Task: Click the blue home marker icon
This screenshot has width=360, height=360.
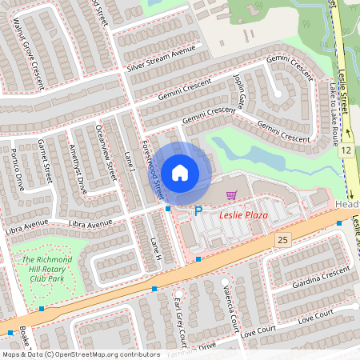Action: (x=180, y=172)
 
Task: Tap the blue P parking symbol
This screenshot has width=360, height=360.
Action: (x=198, y=211)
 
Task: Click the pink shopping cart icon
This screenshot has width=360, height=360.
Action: (x=231, y=195)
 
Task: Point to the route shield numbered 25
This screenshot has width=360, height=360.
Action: (x=282, y=239)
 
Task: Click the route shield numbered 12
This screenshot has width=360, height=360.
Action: (x=346, y=150)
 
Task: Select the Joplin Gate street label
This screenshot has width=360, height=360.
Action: (x=239, y=90)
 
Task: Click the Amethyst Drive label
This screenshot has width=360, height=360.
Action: (x=78, y=166)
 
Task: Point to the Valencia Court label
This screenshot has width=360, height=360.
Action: (x=230, y=309)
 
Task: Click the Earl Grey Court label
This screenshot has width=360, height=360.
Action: (x=180, y=312)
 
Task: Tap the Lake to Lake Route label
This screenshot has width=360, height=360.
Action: (x=331, y=118)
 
